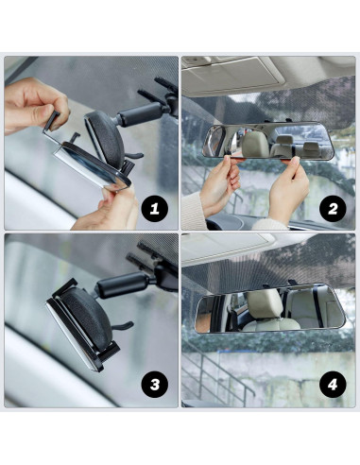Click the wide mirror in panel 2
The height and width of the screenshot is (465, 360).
click(x=269, y=143)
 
